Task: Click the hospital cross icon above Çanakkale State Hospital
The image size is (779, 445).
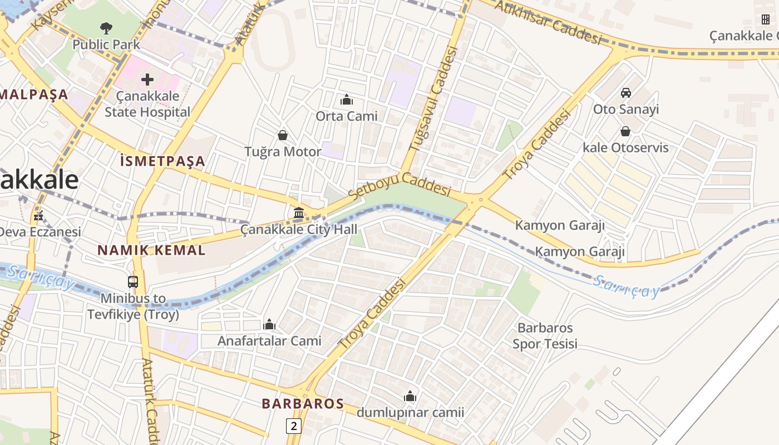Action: click(x=147, y=80)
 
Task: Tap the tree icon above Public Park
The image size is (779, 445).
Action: click(x=106, y=27)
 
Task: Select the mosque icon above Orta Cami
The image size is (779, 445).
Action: click(x=347, y=100)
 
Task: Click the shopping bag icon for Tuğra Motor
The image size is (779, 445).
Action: click(x=283, y=135)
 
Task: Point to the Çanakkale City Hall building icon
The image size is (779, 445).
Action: click(x=299, y=212)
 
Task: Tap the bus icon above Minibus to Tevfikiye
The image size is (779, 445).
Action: click(x=133, y=281)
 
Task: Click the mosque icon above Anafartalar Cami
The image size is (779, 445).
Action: click(x=269, y=324)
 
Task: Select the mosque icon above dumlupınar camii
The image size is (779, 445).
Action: click(x=410, y=396)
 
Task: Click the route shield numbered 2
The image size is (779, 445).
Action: click(x=294, y=426)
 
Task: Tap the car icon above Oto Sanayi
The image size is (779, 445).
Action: click(x=626, y=92)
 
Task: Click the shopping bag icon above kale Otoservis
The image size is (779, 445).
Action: click(x=625, y=131)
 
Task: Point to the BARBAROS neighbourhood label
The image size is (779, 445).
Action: click(x=303, y=404)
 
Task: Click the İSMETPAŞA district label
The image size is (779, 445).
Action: click(x=162, y=162)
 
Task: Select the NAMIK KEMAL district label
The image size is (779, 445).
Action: click(x=151, y=250)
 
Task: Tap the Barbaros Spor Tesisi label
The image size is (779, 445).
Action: click(x=545, y=335)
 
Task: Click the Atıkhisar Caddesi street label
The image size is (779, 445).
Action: click(x=548, y=23)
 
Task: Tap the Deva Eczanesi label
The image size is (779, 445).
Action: click(x=40, y=231)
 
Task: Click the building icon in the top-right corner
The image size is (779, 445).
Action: click(x=766, y=19)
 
